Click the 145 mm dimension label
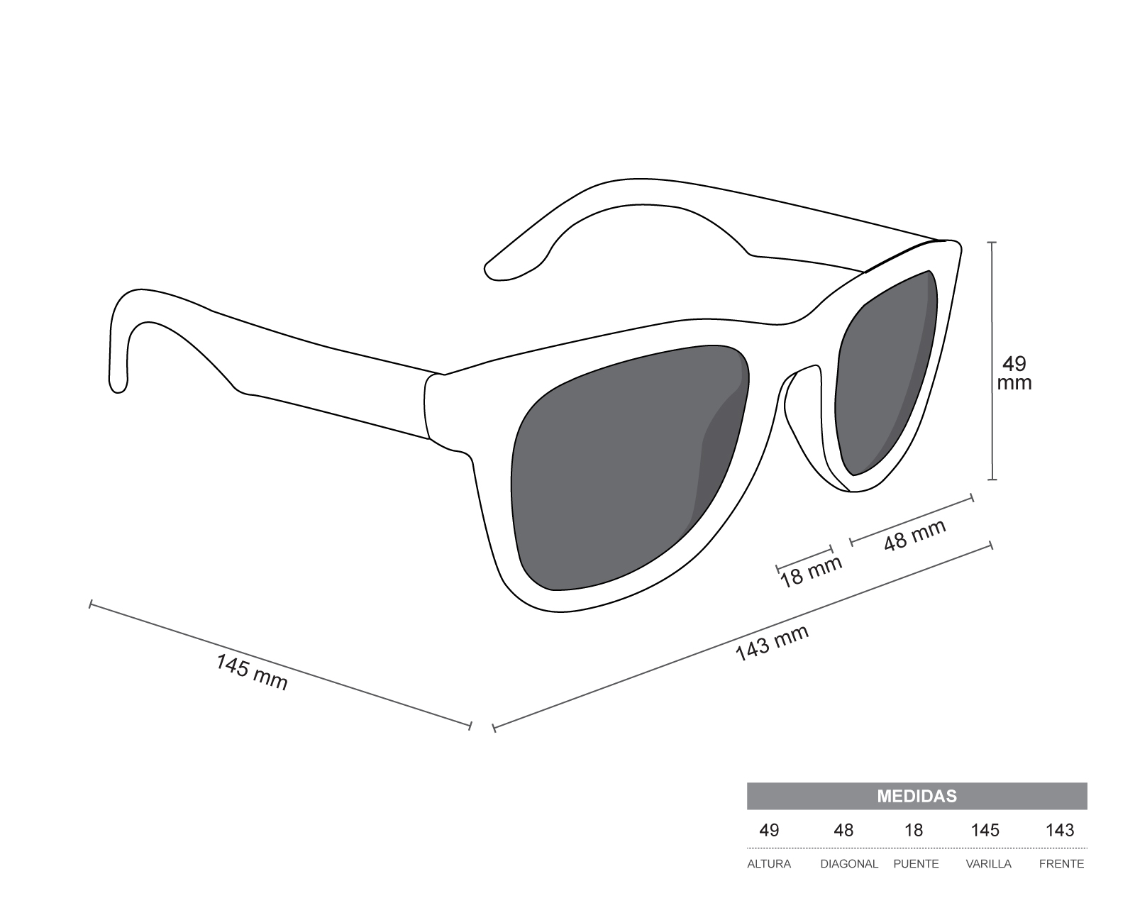click(x=252, y=672)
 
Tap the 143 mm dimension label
click(x=772, y=643)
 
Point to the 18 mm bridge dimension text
click(x=811, y=572)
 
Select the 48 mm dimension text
click(x=914, y=536)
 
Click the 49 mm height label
click(x=1014, y=373)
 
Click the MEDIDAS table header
click(x=917, y=796)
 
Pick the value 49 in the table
click(x=769, y=830)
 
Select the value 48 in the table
click(x=843, y=830)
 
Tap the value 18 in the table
click(x=914, y=830)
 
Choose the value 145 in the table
click(x=985, y=830)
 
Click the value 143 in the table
click(x=1060, y=830)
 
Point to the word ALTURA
click(x=769, y=864)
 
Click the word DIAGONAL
click(x=849, y=864)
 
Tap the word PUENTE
click(x=916, y=864)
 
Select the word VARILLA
click(x=988, y=864)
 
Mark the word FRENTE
click(x=1061, y=864)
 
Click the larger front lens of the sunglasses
click(x=624, y=468)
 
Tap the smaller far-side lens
click(x=887, y=376)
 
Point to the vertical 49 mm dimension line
click(x=992, y=440)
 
